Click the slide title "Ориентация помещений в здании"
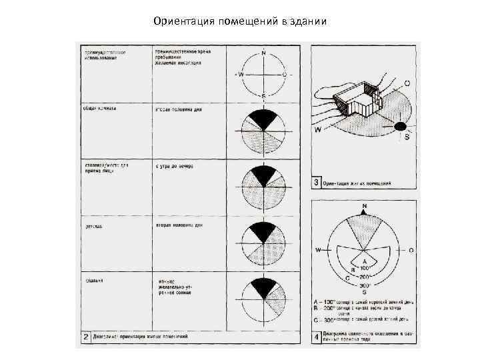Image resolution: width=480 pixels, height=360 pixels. click(239, 21)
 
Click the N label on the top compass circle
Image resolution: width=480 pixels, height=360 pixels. click(264, 53)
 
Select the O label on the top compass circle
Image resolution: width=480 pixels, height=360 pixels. click(285, 74)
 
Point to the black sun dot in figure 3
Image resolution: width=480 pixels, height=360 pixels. click(400, 125)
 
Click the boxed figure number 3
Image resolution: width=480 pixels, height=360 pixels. click(317, 182)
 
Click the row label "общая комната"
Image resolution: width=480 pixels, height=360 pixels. click(99, 108)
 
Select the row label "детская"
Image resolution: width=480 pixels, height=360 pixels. click(93, 227)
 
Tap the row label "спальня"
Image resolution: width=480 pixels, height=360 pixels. click(93, 281)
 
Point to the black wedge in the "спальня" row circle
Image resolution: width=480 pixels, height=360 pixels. click(263, 287)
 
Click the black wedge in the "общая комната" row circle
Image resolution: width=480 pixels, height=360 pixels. click(263, 119)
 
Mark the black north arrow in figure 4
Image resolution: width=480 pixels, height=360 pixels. click(363, 211)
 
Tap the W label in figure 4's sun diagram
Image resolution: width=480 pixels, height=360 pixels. click(319, 249)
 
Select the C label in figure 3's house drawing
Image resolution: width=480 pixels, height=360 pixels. click(407, 83)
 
